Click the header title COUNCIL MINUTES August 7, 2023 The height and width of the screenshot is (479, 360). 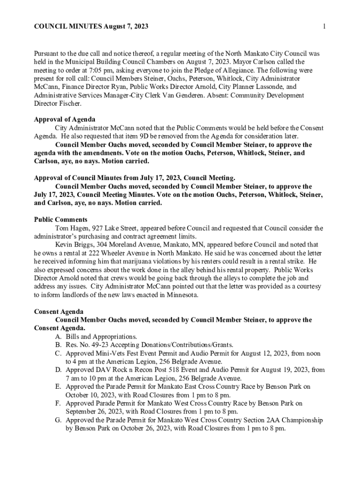point(91,27)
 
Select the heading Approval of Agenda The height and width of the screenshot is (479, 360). point(65,119)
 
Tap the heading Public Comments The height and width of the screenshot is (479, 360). point(61,220)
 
